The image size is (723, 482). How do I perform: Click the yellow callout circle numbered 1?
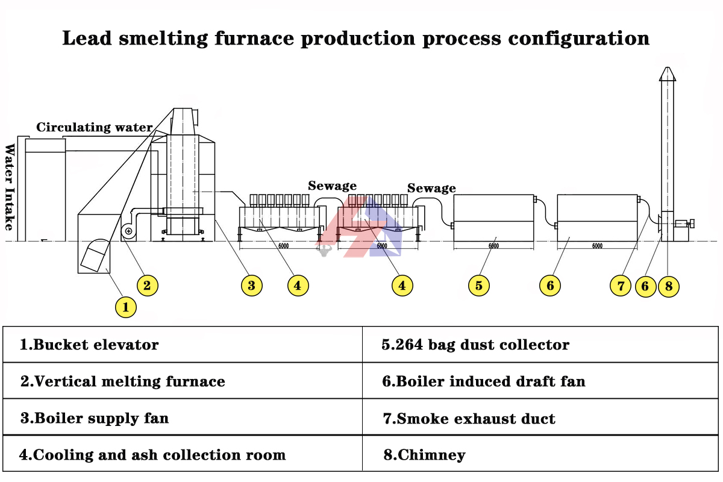(x=125, y=307)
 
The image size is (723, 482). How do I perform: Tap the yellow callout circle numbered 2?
(x=147, y=284)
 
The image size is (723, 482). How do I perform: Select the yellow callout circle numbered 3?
(x=251, y=285)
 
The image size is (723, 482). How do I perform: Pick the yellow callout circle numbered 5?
(x=478, y=285)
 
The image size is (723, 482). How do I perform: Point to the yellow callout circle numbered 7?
(x=621, y=285)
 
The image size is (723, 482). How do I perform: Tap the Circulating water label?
(x=94, y=127)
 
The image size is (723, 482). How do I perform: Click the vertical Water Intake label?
(x=10, y=187)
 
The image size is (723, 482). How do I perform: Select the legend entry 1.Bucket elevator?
(x=89, y=345)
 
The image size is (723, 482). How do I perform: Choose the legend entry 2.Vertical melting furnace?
(x=122, y=381)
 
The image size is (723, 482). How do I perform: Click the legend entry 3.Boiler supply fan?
(x=94, y=418)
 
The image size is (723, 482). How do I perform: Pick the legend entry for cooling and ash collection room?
(x=152, y=455)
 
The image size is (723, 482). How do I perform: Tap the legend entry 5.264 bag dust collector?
(x=475, y=345)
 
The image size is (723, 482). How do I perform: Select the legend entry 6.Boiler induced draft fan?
(x=483, y=381)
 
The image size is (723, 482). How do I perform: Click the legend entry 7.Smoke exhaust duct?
(x=469, y=418)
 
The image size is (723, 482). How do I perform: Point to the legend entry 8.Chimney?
(x=424, y=455)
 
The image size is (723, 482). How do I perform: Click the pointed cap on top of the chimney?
(x=667, y=74)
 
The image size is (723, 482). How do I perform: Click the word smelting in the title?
(x=164, y=38)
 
